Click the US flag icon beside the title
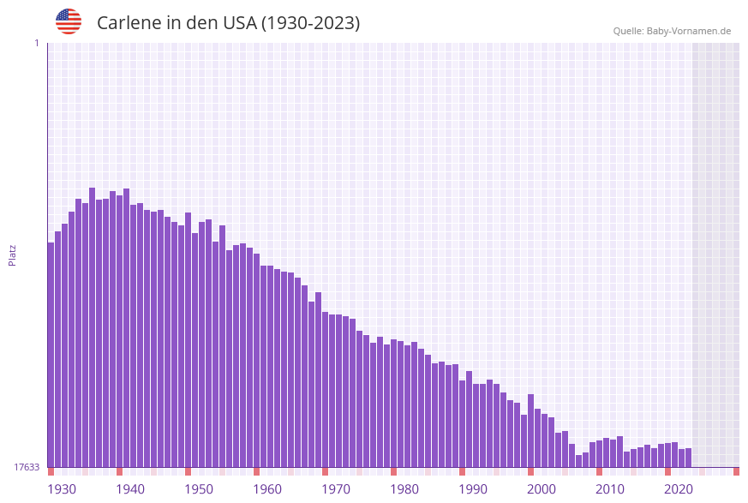tap(69, 21)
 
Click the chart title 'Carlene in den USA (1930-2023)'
tap(228, 23)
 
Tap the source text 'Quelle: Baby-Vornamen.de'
tap(672, 31)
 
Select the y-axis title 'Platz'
tap(13, 254)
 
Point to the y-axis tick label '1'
tap(36, 43)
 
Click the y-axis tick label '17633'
tap(27, 467)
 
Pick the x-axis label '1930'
tap(61, 489)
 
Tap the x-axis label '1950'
tap(199, 489)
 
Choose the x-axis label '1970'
tap(336, 489)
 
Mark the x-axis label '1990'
tap(473, 489)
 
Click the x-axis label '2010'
tap(610, 489)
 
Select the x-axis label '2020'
tap(679, 489)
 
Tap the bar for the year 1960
tap(257, 360)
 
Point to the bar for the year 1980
tap(394, 403)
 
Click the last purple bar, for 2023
tap(689, 458)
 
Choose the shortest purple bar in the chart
tap(579, 461)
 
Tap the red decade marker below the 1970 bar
tap(326, 471)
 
